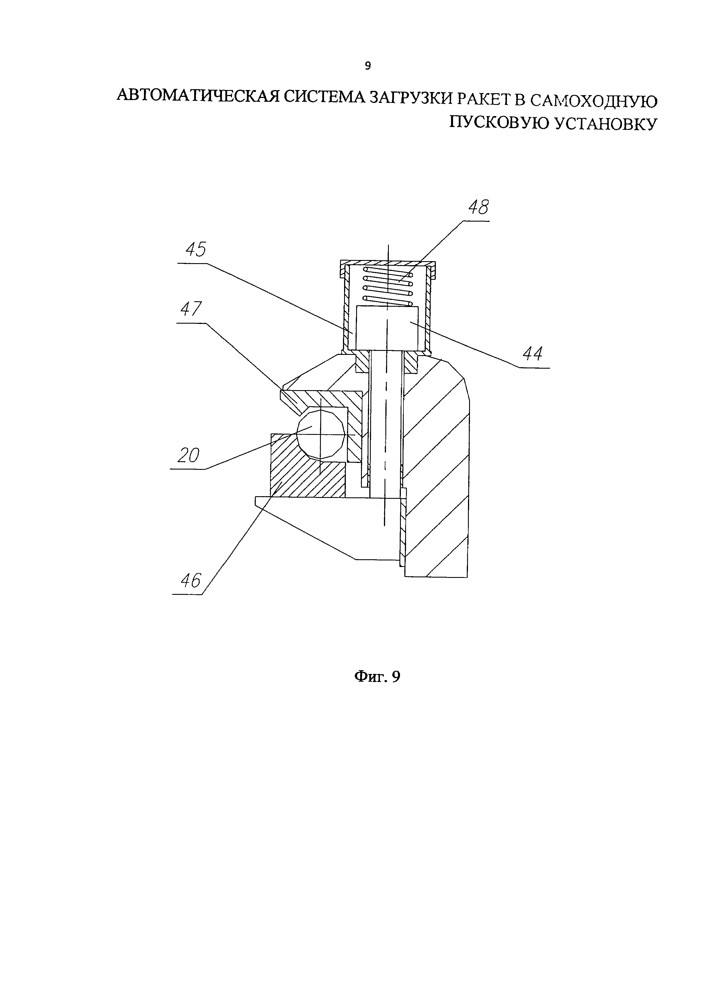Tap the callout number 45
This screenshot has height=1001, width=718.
coord(196,250)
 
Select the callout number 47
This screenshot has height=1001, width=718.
coord(191,309)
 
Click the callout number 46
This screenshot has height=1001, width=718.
coord(191,580)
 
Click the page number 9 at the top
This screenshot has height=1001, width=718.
coord(367,66)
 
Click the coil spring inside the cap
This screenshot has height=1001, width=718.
coord(387,286)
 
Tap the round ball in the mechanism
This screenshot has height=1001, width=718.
coord(320,435)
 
